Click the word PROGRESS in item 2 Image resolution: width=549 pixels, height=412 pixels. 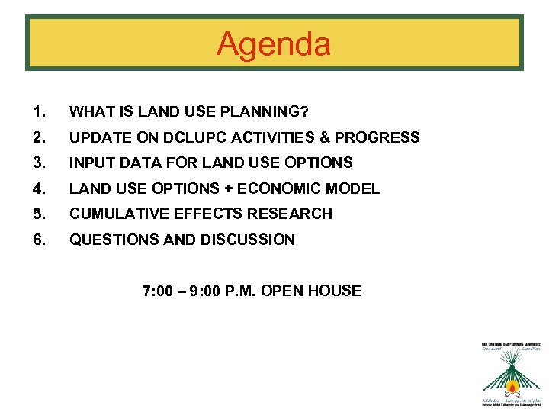(377, 137)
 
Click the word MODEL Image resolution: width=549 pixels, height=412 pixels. (358, 188)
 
